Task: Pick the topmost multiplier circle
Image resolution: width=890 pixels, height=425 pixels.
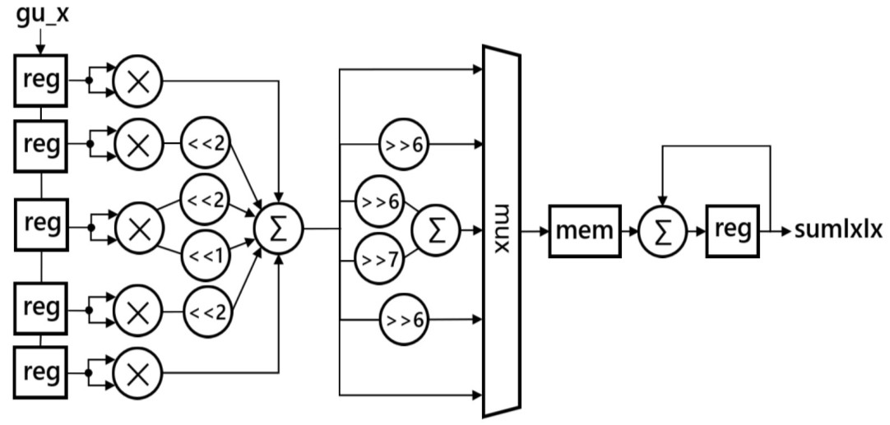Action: point(138,81)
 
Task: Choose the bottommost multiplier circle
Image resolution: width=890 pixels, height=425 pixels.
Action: point(138,373)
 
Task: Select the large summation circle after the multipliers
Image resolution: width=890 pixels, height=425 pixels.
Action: point(279,228)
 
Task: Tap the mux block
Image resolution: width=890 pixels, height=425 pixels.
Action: point(501,230)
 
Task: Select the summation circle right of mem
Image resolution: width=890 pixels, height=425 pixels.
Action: point(662,230)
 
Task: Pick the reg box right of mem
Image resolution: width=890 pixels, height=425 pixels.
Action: point(733,230)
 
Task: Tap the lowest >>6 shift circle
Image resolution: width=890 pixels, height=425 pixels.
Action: point(402,320)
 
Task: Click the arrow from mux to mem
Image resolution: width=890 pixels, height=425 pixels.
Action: point(535,230)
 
